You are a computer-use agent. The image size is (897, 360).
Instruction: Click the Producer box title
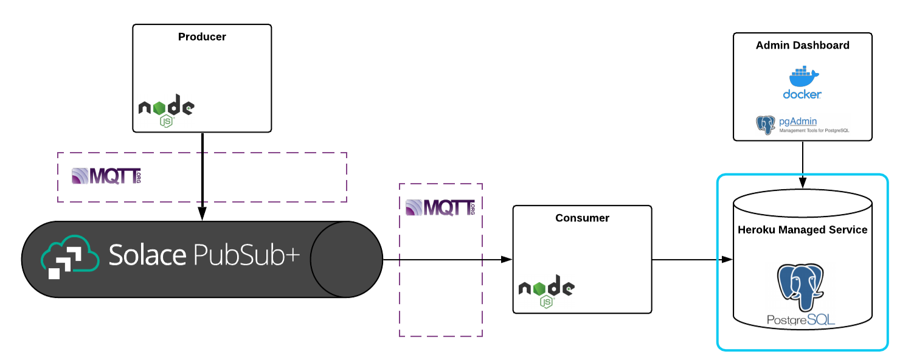tap(202, 37)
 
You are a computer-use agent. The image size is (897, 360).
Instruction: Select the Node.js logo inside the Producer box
tap(166, 110)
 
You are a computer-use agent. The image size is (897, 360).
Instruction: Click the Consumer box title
tap(582, 218)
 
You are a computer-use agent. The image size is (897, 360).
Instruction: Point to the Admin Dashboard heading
tap(802, 46)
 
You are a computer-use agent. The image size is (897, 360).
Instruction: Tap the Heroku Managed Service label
tap(802, 230)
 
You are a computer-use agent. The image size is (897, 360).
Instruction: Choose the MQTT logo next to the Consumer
tap(440, 207)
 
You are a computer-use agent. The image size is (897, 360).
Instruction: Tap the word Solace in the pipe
tap(147, 255)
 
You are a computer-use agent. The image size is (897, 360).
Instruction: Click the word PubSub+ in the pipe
tap(246, 255)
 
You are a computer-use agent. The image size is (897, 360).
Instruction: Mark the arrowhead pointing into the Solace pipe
tap(202, 214)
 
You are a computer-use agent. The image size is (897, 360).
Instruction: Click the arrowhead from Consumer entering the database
tap(727, 260)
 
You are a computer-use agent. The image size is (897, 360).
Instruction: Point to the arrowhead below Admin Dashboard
tap(803, 182)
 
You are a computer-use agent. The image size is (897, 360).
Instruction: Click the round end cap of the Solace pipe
tap(345, 259)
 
